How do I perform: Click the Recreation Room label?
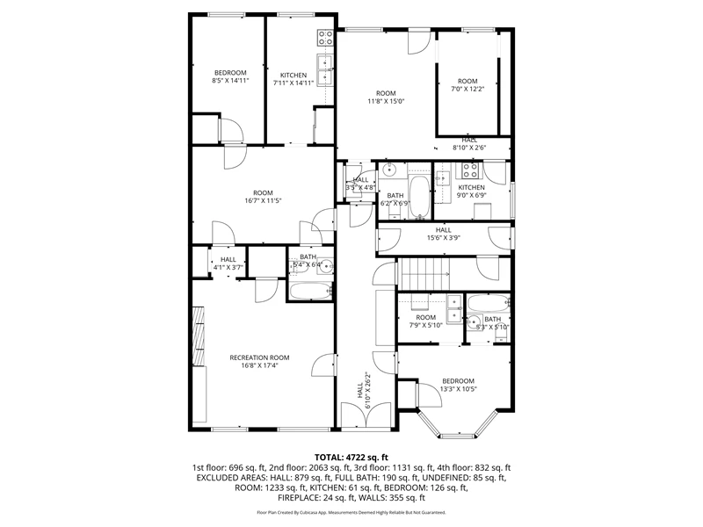[259, 361]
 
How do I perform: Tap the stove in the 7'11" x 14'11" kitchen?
[325, 38]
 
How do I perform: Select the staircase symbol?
[424, 274]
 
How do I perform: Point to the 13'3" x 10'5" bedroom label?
[458, 385]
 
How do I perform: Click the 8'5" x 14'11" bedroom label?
[230, 76]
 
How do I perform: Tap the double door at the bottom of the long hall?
[366, 414]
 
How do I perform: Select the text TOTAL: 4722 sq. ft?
[351, 458]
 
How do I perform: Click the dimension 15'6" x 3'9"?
[444, 238]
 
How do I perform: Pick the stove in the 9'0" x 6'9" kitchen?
[470, 170]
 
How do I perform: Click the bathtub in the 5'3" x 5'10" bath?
[489, 304]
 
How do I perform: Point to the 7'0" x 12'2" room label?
[467, 84]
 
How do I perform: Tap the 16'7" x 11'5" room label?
[263, 197]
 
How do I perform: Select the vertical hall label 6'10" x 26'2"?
[365, 391]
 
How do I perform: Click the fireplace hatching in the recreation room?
[199, 336]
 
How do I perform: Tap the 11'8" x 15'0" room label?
[386, 97]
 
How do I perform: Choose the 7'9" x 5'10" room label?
[426, 321]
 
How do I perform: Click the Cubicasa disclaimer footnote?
[351, 512]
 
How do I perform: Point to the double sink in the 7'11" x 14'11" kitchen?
[325, 69]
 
